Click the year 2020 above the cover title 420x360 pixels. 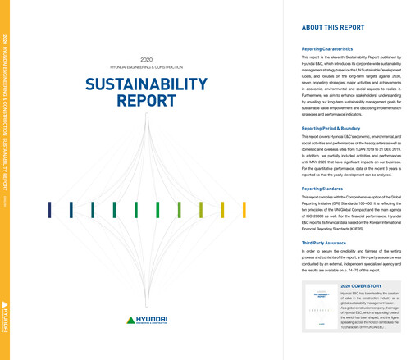(147, 60)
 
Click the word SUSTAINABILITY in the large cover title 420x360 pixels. (147, 84)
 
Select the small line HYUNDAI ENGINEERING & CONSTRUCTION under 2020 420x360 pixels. (147, 68)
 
